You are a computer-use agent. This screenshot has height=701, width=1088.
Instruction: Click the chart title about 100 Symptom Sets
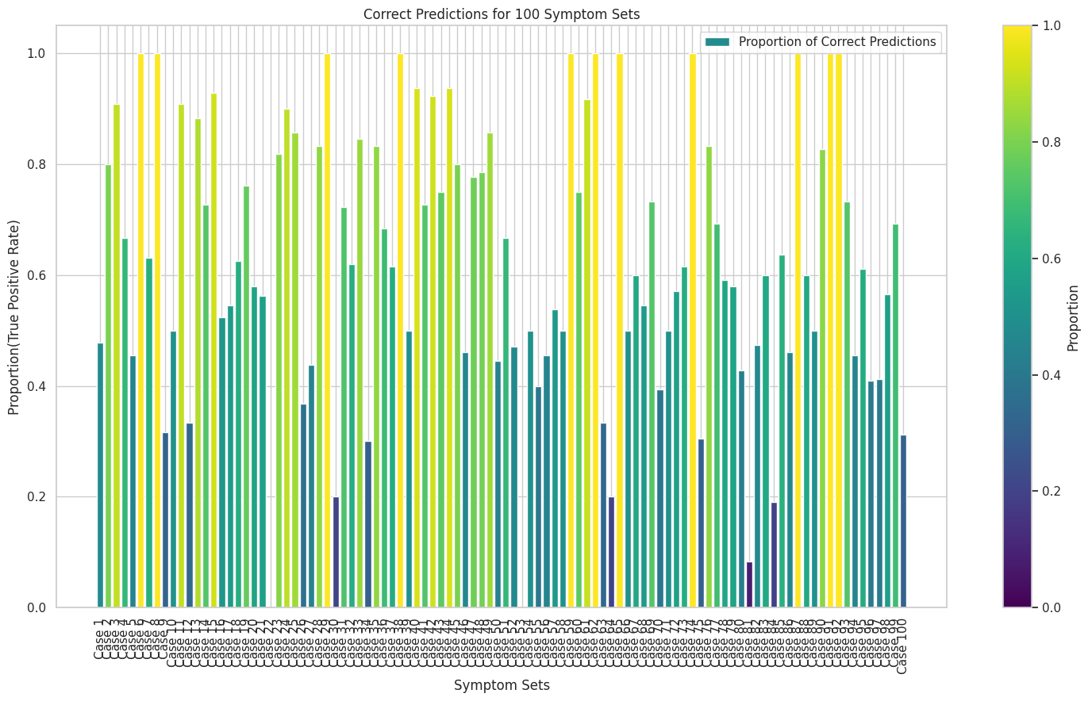point(501,13)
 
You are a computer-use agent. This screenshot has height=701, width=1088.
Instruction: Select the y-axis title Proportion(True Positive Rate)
point(13,317)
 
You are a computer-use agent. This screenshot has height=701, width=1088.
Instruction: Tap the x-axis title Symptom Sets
point(502,685)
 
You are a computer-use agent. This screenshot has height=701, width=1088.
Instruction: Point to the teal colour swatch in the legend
point(717,41)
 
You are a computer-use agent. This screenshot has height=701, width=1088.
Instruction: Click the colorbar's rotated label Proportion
point(1073,317)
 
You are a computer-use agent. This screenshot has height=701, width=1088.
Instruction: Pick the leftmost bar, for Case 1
point(100,476)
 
